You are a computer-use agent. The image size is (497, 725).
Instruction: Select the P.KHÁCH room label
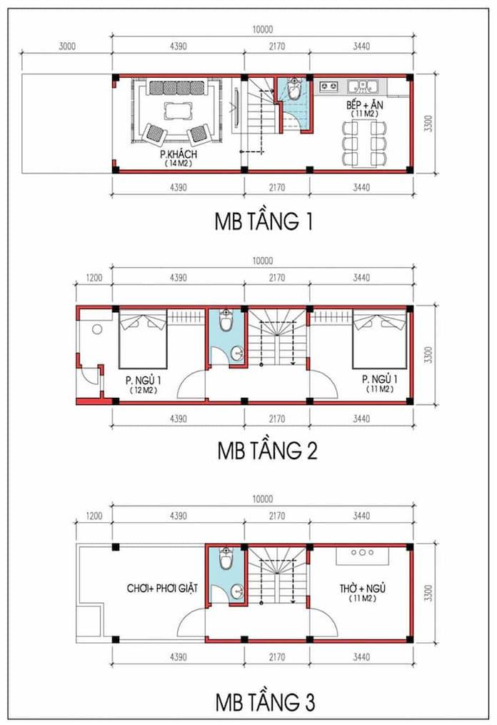click(178, 154)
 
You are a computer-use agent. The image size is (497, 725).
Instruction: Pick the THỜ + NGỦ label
click(362, 589)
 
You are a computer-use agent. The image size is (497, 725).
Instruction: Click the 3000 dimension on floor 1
click(66, 47)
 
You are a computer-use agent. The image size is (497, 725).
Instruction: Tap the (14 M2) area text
click(178, 164)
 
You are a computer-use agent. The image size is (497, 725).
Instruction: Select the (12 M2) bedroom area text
click(143, 389)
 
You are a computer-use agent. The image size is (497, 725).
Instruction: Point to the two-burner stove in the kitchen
click(329, 86)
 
